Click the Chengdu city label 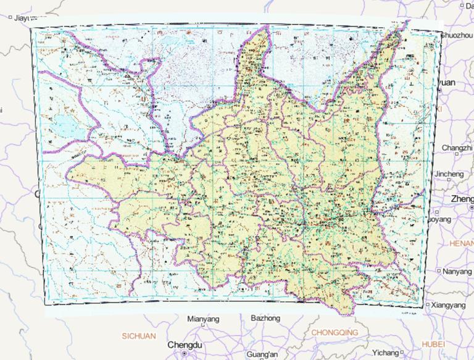pos(185,344)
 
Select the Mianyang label pos(203,319)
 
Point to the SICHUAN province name pos(139,336)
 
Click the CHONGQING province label pos(334,332)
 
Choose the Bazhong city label pos(265,318)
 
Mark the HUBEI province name pos(433,343)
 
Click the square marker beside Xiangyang pos(430,305)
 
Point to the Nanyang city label pos(457,270)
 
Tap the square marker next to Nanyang pos(438,271)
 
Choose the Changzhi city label pos(456,148)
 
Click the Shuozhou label pos(456,36)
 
